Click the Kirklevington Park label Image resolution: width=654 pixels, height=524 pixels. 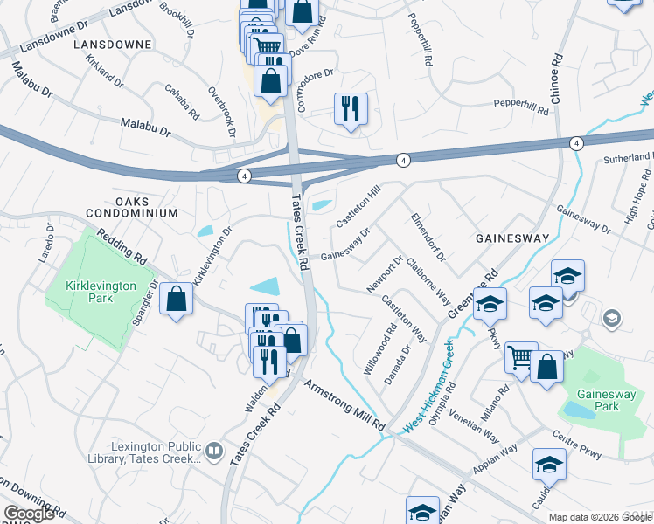click(x=90, y=292)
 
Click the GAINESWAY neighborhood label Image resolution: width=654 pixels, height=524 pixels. click(x=511, y=238)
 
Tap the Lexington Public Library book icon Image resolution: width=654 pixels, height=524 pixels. click(x=214, y=451)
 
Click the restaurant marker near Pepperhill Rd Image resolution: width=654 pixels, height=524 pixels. click(x=351, y=109)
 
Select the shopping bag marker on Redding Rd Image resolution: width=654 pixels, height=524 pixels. click(x=177, y=300)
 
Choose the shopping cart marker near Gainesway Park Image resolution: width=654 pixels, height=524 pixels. click(x=521, y=356)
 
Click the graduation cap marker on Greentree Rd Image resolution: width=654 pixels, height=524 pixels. click(x=490, y=304)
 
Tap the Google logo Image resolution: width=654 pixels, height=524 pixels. click(x=29, y=514)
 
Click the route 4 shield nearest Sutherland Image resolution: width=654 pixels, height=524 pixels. click(x=577, y=143)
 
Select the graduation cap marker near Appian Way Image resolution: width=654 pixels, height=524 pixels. click(x=549, y=465)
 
